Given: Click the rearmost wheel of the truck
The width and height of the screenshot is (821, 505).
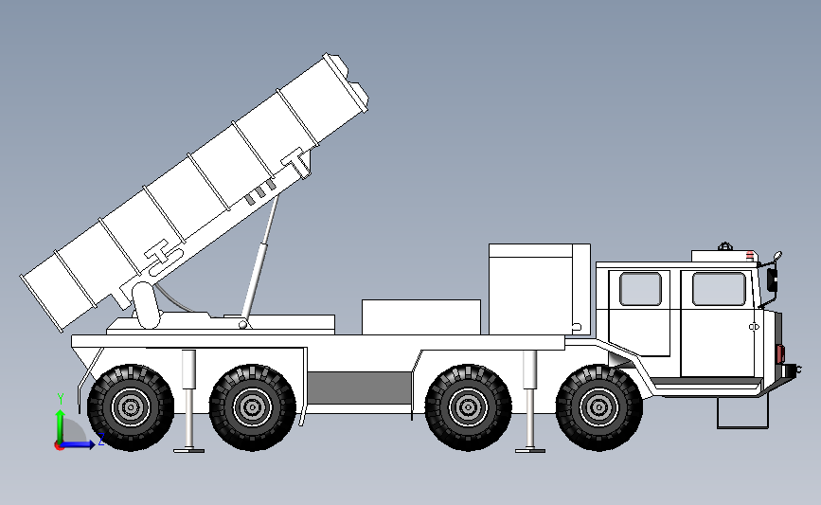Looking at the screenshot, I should click(131, 407).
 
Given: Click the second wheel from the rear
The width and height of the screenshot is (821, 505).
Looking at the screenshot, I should click(252, 407).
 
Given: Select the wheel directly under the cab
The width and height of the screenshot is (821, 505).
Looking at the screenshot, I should click(598, 407).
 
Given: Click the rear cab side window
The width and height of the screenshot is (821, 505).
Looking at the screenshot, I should click(640, 289).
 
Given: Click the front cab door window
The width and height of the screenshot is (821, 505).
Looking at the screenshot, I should click(719, 289).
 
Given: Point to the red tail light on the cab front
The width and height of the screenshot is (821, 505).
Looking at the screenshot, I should click(781, 353).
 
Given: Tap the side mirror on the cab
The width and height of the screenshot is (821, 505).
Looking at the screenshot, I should click(773, 277).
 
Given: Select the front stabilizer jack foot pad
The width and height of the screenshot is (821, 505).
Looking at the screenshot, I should click(530, 449).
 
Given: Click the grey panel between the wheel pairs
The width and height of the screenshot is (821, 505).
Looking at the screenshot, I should click(360, 386).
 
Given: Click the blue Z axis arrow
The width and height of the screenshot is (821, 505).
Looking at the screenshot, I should click(85, 442).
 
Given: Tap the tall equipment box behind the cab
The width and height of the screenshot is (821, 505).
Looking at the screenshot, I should click(538, 288).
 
